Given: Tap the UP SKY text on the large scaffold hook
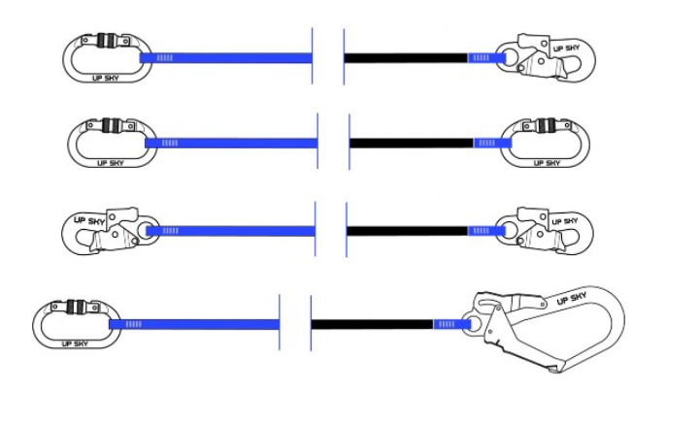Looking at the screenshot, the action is (x=572, y=298).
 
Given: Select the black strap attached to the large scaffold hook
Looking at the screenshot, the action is (x=372, y=324).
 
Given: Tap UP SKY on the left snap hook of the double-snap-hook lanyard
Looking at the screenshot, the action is (x=89, y=220).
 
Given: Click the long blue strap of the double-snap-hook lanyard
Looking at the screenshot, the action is (x=231, y=231).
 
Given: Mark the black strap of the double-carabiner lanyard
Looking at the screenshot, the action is (x=412, y=143).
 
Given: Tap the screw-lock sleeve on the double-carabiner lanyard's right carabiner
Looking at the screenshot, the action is (x=546, y=125).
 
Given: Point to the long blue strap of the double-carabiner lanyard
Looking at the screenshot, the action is (x=231, y=143).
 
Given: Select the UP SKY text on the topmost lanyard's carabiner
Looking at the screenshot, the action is (x=106, y=79).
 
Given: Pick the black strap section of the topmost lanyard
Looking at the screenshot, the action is (x=406, y=58).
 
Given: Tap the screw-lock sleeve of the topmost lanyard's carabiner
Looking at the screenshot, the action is (x=107, y=41).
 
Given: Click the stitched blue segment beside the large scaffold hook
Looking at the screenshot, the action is (x=452, y=324).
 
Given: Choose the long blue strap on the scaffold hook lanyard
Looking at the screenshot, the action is (x=194, y=324).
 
